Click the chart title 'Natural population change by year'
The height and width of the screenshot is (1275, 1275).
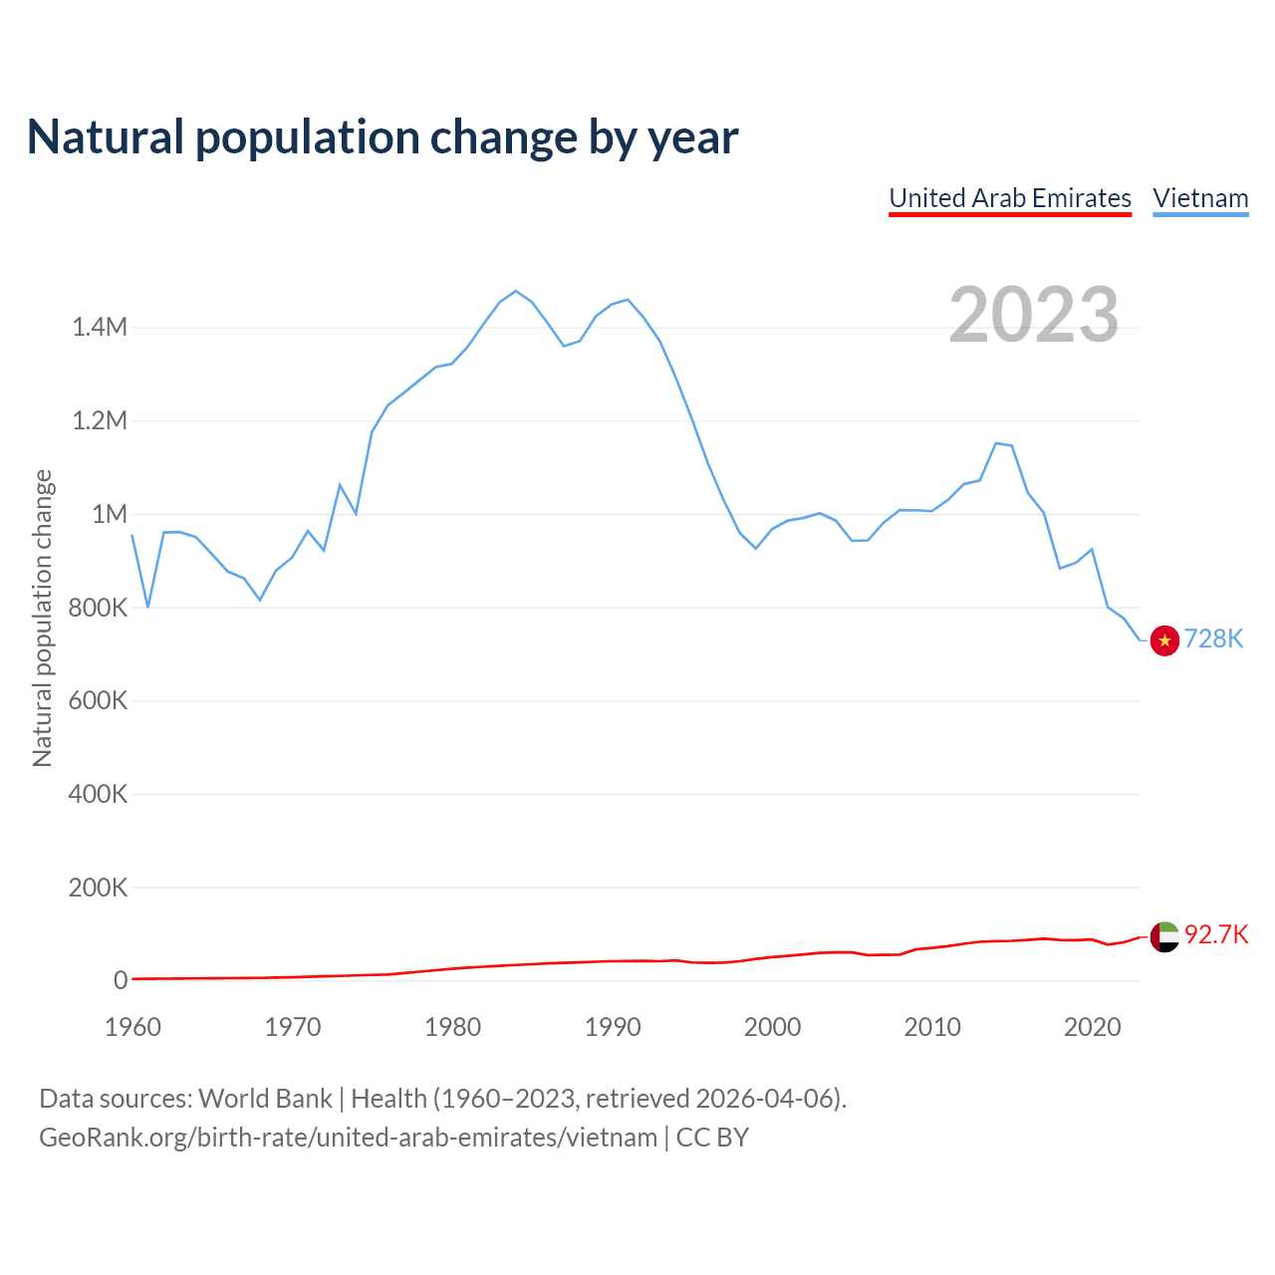coord(382,137)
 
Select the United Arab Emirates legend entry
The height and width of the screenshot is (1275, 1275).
coord(1010,198)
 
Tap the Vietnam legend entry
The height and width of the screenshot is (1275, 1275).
coord(1200,198)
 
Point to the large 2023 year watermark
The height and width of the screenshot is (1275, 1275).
coord(1033,315)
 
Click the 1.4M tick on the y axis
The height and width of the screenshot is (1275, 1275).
coord(100,327)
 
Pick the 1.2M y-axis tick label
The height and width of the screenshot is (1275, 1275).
coord(100,420)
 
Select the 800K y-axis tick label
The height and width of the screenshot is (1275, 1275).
coord(98,608)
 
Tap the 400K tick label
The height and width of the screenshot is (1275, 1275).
coord(98,794)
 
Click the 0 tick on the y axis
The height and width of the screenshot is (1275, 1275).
coord(121,980)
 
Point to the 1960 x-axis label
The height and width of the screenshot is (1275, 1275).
coord(132,1027)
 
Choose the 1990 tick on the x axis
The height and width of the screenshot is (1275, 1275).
coord(613,1027)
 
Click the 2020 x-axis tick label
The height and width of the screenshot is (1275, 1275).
coord(1093,1027)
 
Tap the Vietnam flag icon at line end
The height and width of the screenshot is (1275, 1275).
coord(1164,640)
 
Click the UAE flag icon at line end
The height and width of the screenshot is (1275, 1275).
coord(1164,936)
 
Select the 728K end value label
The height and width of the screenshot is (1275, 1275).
coord(1213,639)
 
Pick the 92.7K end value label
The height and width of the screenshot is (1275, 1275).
coord(1216,934)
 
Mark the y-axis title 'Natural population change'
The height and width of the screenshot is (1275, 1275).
coord(42,619)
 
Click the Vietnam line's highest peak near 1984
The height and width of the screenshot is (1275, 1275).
coord(515,291)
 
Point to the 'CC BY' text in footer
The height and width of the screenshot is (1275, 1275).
coord(712,1138)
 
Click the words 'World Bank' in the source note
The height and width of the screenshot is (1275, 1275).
coord(265,1099)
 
